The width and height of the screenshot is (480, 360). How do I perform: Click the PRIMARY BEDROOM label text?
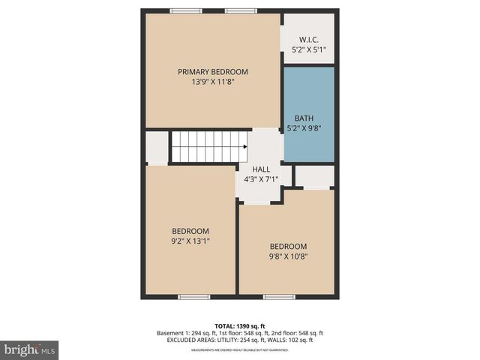pos(212,72)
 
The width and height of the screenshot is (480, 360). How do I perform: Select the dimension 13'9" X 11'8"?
pos(212,82)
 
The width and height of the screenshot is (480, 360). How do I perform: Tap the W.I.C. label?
pos(308,39)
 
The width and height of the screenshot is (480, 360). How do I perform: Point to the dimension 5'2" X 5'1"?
pos(308,49)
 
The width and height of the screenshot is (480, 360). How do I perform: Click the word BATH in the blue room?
pos(304,118)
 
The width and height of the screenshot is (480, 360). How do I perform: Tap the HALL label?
pos(261,169)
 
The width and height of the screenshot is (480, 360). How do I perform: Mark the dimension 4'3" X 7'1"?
pos(261,179)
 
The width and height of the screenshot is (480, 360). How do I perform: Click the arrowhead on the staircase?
pos(244,147)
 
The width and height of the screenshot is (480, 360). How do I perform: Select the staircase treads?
pos(205,147)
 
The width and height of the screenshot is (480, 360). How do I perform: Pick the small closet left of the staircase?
pos(157,148)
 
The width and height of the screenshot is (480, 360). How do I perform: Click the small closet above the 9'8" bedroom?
pos(314,176)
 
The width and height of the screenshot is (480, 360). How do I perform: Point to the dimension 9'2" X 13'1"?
pos(190,241)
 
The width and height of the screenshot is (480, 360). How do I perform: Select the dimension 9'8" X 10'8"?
pos(289,256)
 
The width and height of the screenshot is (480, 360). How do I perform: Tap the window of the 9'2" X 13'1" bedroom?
pos(193,297)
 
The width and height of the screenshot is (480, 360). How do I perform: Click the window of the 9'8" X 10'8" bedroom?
pos(279,297)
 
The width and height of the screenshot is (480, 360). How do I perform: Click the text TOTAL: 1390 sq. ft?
pos(240,326)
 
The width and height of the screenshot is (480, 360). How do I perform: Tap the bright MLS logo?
pos(30,349)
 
